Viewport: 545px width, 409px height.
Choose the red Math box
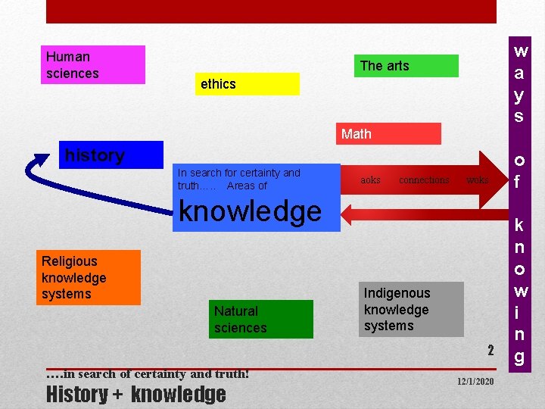(388, 134)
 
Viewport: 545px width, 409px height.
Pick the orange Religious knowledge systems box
(90, 277)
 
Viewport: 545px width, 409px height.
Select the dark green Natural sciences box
(261, 319)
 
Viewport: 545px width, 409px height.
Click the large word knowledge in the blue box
(250, 211)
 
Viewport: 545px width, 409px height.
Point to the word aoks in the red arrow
(370, 180)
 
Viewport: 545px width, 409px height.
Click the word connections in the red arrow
(424, 180)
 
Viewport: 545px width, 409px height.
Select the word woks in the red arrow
(477, 180)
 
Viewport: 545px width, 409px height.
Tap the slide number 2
(490, 350)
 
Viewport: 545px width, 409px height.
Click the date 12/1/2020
(475, 381)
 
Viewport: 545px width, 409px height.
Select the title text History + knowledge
(135, 394)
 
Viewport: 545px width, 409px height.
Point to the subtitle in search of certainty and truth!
(148, 373)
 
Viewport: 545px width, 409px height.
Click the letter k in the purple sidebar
(519, 225)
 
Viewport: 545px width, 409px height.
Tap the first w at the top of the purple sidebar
(520, 52)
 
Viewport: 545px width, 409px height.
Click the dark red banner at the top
(271, 11)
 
